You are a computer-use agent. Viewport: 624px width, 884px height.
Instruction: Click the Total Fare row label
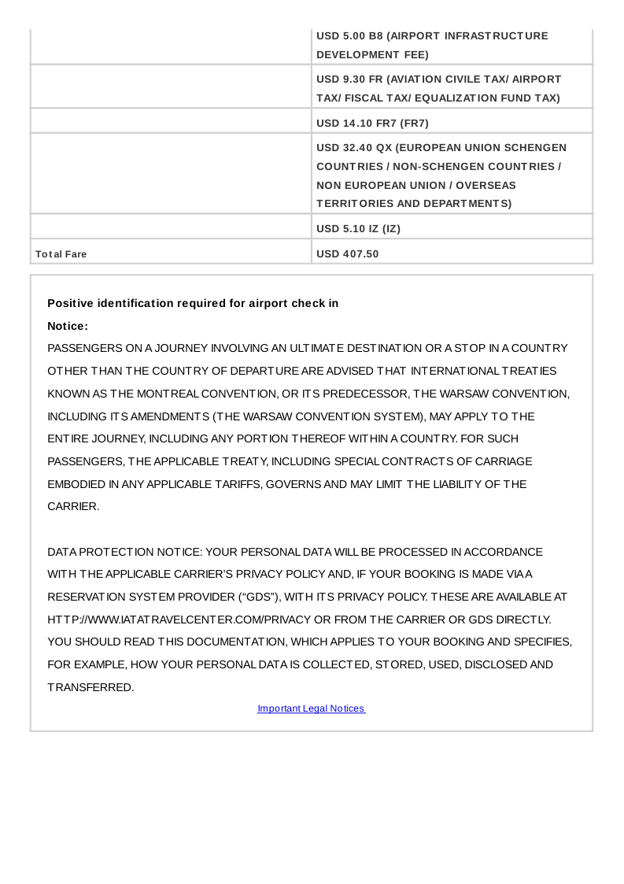[x=61, y=254]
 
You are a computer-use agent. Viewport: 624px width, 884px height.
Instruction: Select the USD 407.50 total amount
[x=347, y=254]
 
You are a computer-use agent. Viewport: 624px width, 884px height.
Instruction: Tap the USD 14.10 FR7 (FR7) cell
[x=372, y=123]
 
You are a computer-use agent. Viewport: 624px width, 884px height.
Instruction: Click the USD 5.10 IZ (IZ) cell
[x=358, y=229]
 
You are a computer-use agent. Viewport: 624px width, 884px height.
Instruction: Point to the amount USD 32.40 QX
[x=353, y=148]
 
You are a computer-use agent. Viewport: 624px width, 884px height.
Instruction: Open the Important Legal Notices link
[x=311, y=708]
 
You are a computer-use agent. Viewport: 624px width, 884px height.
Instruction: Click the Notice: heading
[x=68, y=326]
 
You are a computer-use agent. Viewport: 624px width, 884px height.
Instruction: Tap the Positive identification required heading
[x=193, y=303]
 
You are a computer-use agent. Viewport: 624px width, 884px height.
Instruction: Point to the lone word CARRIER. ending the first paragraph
[x=73, y=507]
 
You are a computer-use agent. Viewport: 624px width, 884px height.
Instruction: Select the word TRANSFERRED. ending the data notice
[x=90, y=687]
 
